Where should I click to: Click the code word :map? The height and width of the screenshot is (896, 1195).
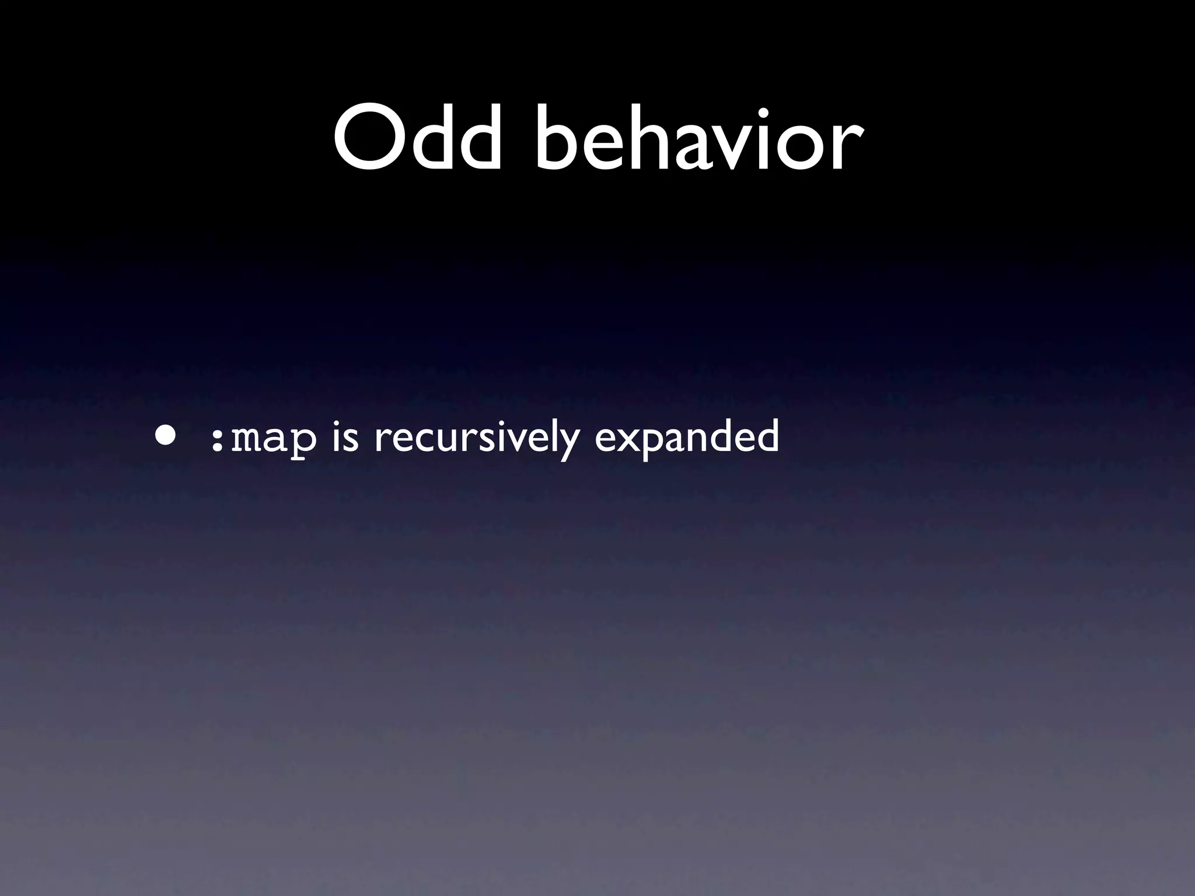(263, 439)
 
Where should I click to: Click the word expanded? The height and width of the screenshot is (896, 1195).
(686, 437)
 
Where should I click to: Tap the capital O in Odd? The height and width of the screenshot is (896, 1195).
(369, 139)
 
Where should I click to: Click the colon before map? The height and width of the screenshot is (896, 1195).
(216, 440)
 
